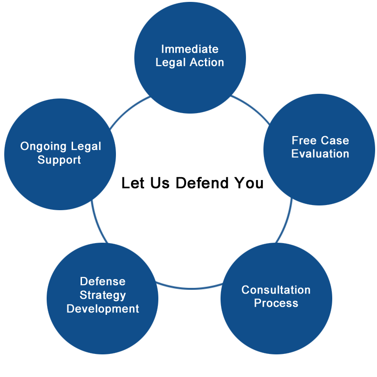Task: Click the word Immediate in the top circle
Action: (190, 49)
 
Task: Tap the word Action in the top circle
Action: (207, 62)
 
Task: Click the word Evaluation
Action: (320, 154)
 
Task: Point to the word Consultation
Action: (276, 290)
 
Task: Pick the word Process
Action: (276, 303)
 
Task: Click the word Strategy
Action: (103, 295)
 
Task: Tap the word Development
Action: (103, 309)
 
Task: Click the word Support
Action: (59, 160)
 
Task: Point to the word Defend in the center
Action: (202, 183)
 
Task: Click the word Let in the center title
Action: (133, 183)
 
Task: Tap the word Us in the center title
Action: (160, 183)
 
